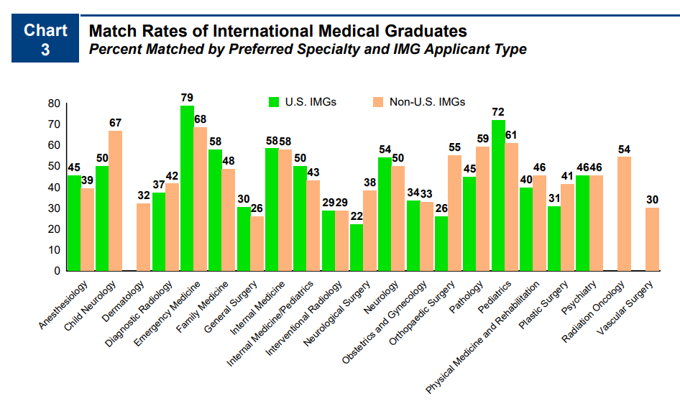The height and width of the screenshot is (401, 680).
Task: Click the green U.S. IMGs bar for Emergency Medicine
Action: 187,188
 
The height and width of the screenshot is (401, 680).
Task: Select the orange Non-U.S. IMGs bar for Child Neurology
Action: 116,201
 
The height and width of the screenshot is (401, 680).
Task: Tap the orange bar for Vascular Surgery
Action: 652,239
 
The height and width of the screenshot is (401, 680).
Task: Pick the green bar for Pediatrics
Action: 497,195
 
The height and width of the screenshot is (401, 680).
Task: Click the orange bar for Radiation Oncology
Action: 624,214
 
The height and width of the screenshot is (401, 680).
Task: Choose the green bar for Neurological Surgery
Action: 357,248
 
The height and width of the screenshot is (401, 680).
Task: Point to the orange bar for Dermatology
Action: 144,237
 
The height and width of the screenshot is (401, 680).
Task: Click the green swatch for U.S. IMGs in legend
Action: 274,101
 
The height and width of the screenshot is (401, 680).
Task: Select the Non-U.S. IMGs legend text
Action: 427,101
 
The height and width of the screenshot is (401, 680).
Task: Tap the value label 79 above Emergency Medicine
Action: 187,97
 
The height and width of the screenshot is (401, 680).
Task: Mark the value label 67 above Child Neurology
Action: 116,122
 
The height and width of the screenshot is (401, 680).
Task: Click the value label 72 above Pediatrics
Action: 497,112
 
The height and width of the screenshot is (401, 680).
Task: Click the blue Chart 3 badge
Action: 45,39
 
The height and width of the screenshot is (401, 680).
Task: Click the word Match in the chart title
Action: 111,32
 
